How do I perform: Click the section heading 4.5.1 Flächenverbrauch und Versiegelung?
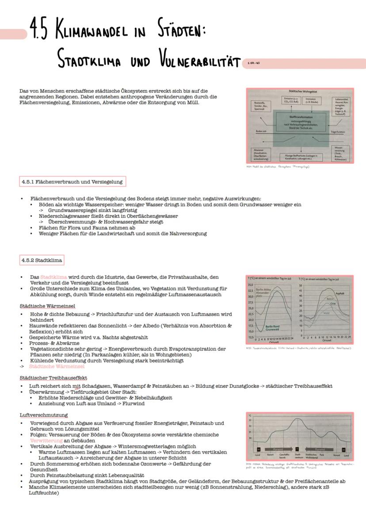(x=72, y=181)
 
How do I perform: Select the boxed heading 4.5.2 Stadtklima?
(x=42, y=260)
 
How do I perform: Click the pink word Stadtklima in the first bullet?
(x=53, y=277)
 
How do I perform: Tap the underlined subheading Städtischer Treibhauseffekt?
(x=53, y=378)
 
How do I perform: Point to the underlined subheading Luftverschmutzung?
(x=44, y=415)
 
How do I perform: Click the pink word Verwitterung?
(x=46, y=441)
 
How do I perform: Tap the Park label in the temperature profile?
(x=322, y=454)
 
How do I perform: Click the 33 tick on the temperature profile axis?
(x=250, y=420)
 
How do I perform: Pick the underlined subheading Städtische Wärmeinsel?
(x=47, y=306)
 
